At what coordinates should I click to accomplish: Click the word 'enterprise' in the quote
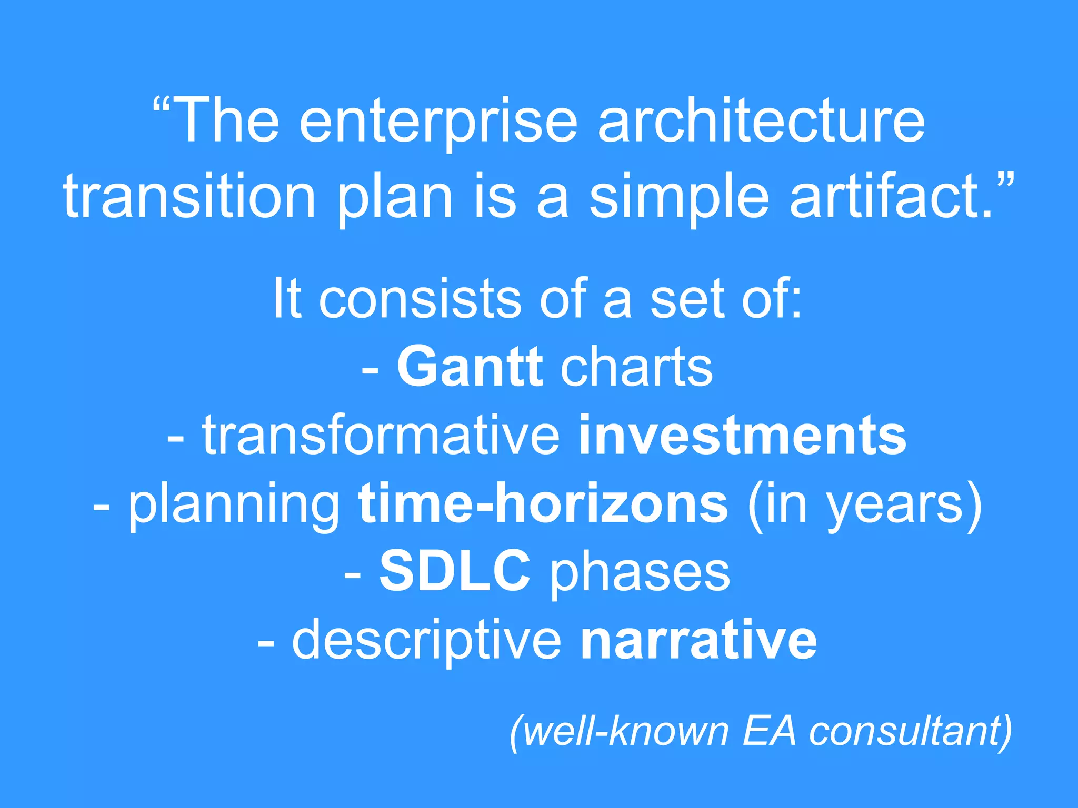tap(438, 122)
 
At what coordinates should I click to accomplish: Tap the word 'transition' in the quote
tap(189, 197)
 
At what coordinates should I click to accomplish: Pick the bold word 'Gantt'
tap(470, 367)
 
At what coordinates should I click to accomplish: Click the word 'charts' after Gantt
tap(636, 367)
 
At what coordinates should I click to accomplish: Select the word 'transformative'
tap(381, 436)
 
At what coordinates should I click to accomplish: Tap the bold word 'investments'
tap(743, 436)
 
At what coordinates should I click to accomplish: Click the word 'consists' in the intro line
tap(420, 299)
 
